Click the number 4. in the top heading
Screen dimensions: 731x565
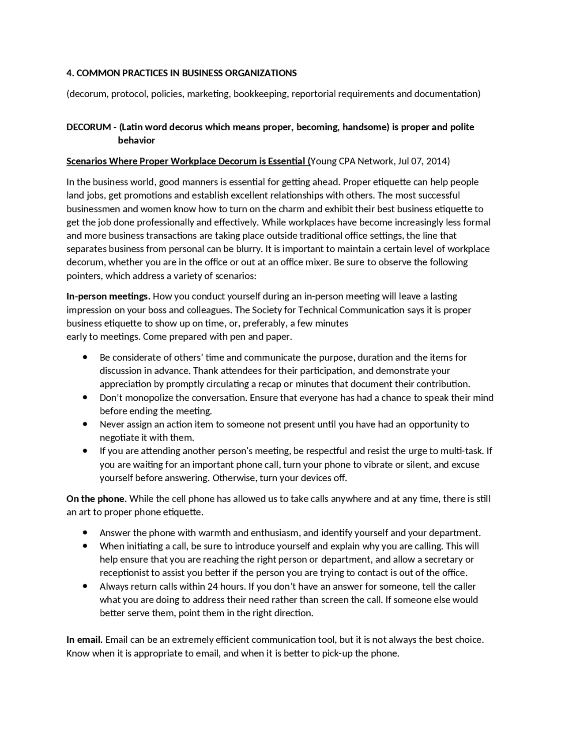70,73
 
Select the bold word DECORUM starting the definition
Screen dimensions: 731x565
88,127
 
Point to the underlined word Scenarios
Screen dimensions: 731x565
87,161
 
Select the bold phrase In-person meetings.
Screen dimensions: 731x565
108,296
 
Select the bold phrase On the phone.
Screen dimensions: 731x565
96,499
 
